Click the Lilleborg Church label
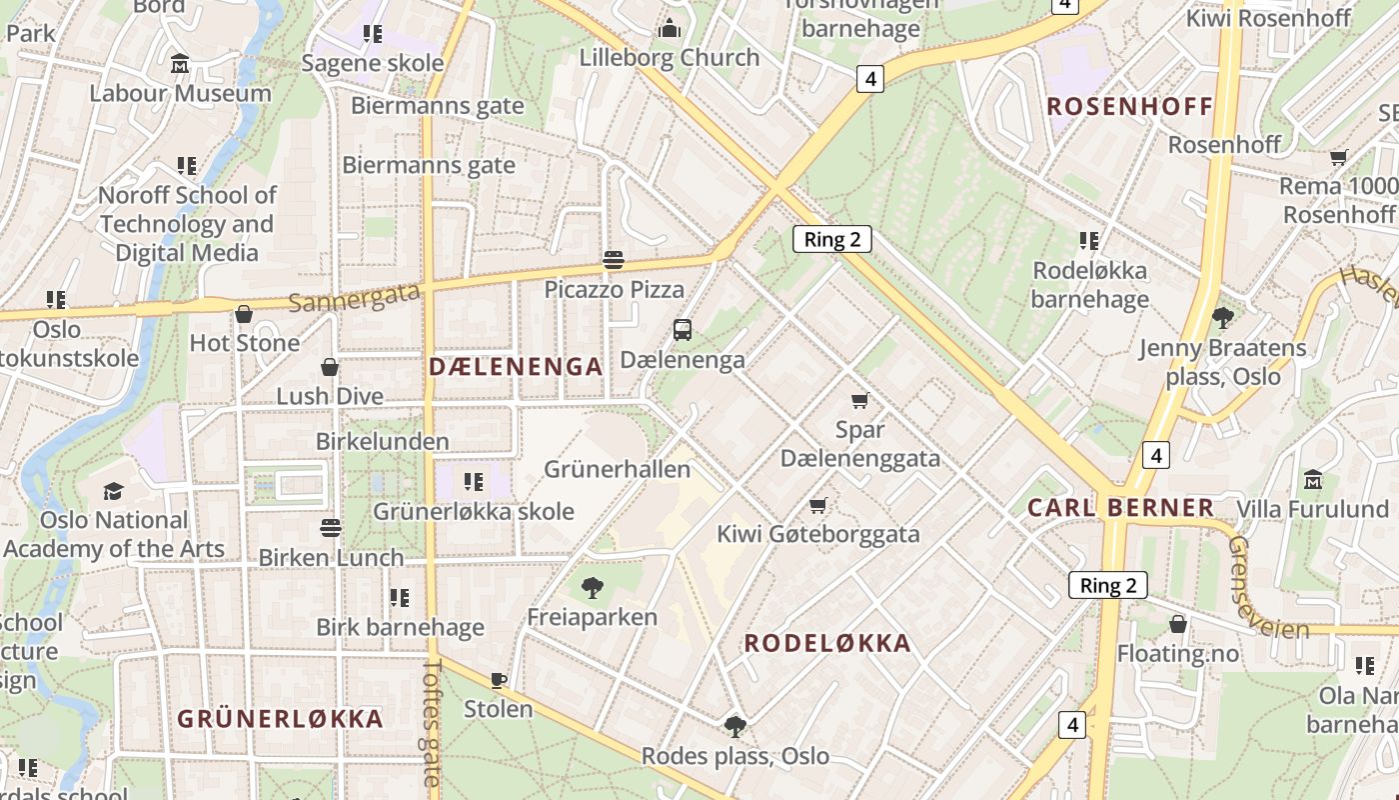coord(670,58)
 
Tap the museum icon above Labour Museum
coord(180,64)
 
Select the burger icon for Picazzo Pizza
coord(614,261)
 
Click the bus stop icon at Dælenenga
coord(683,330)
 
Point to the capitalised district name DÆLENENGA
coord(516,367)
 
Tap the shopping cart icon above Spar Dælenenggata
coord(859,401)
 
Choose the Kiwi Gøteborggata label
coord(817,534)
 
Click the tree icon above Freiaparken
coord(592,588)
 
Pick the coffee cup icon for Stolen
coord(499,680)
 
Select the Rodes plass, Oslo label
coord(735,756)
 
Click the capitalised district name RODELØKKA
coord(827,644)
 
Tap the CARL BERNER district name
coord(1121,508)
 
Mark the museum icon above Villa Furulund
coord(1313,480)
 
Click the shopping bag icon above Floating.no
coord(1178,625)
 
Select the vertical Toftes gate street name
coord(432,720)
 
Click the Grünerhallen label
coord(617,469)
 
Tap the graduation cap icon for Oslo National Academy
coord(113,491)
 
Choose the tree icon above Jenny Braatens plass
coord(1221,318)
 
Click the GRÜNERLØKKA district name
coord(280,719)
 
